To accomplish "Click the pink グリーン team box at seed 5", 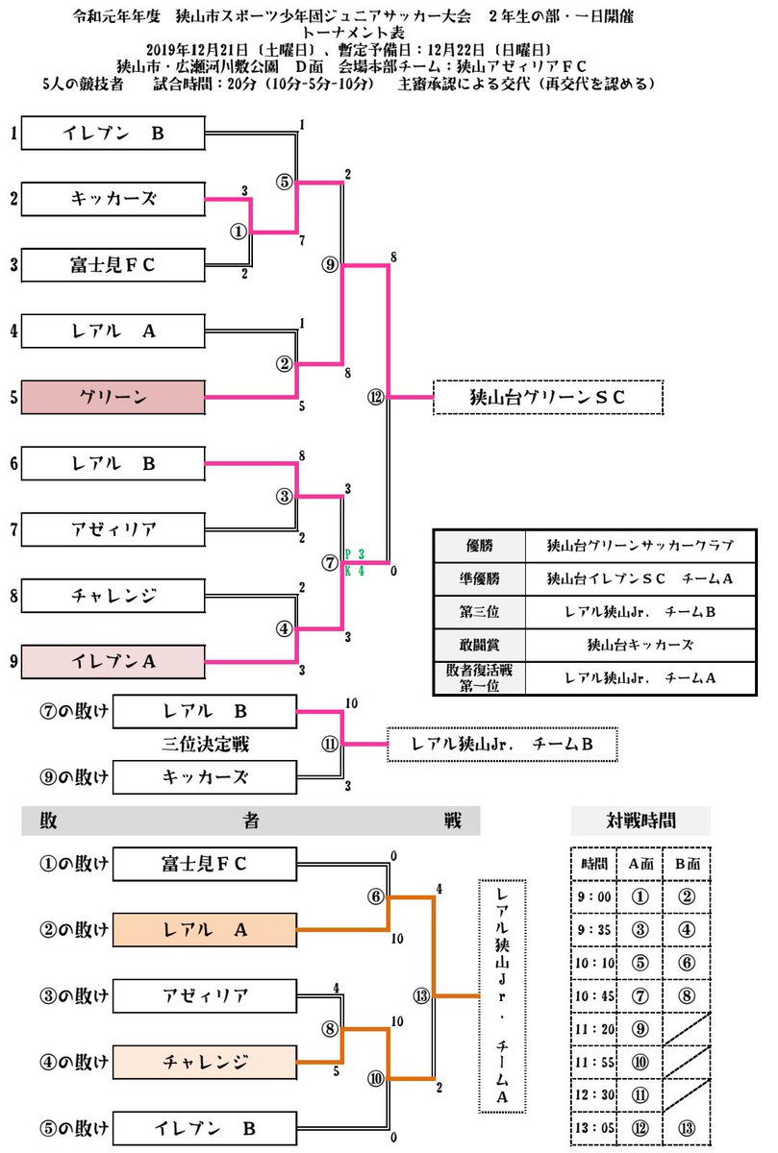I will [x=113, y=396].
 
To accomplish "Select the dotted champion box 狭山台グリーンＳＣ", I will [x=548, y=396].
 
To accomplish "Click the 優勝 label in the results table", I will [x=478, y=545].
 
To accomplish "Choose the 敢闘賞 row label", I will [x=478, y=645].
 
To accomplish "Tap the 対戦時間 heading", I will [x=640, y=821].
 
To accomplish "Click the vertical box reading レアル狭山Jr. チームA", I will [x=503, y=994].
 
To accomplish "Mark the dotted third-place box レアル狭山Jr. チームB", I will [x=501, y=744].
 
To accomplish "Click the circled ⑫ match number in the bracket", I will [x=376, y=396].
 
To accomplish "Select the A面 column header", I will [x=640, y=862].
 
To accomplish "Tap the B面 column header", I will [x=687, y=862].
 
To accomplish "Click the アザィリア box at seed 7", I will [x=113, y=528].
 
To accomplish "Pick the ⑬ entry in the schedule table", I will [x=687, y=1130].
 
